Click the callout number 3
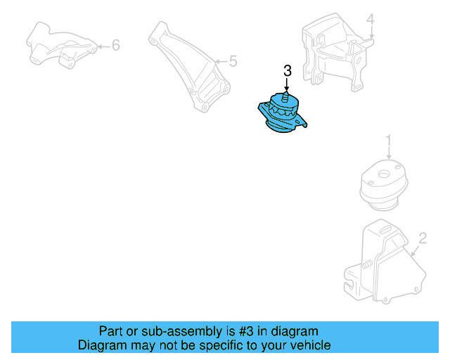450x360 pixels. tap(287, 71)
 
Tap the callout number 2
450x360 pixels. tap(422, 238)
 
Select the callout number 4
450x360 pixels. tap(371, 20)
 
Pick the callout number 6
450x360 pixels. tap(116, 46)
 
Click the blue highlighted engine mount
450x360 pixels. tap(283, 113)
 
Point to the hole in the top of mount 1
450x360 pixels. tap(384, 173)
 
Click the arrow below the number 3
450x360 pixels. tap(287, 83)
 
